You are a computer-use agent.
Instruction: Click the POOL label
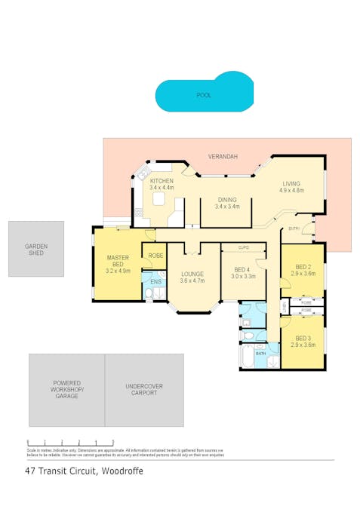(x=204, y=96)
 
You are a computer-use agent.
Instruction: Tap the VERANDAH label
(x=223, y=156)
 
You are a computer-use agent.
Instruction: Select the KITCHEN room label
(x=162, y=181)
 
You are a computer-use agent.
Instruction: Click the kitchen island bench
(x=159, y=199)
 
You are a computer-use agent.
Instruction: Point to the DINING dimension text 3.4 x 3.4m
(x=226, y=206)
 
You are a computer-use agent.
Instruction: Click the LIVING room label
(x=291, y=183)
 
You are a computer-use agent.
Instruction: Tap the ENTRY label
(x=294, y=228)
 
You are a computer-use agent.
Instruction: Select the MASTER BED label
(x=118, y=261)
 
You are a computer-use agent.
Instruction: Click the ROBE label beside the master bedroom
(x=155, y=256)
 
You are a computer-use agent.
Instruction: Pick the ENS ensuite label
(x=156, y=282)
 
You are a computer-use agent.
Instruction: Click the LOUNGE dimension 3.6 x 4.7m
(x=193, y=280)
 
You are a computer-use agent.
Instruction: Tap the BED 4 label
(x=242, y=269)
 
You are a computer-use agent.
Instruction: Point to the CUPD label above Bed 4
(x=243, y=247)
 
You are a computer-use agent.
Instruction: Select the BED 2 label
(x=303, y=267)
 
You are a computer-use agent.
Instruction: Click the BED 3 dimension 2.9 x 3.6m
(x=303, y=345)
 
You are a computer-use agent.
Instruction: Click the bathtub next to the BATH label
(x=247, y=357)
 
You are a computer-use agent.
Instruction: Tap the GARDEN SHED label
(x=35, y=250)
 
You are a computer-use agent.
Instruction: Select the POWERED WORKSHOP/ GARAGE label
(x=67, y=390)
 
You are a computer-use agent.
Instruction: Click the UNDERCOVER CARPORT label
(x=143, y=390)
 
